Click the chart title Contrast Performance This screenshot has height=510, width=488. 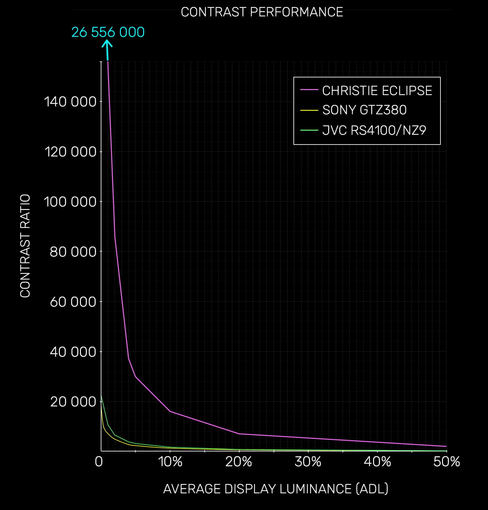click(262, 12)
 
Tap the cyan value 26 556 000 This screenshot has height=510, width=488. click(108, 32)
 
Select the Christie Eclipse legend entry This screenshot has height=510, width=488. click(377, 91)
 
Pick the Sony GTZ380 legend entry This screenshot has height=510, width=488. click(364, 110)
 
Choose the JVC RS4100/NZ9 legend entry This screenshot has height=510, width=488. click(374, 130)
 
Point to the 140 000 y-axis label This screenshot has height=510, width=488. click(70, 102)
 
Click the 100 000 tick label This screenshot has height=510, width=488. click(70, 201)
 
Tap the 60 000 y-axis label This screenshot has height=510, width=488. click(73, 302)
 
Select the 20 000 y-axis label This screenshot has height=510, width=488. click(73, 402)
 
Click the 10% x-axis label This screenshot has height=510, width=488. click(170, 462)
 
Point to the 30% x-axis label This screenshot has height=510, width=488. click(308, 462)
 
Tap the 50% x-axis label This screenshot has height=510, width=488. click(446, 462)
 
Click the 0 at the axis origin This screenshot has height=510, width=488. click(99, 462)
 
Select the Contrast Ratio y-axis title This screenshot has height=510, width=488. click(25, 246)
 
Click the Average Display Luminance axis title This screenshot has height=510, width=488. click(275, 489)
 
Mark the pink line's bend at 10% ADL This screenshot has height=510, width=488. click(170, 411)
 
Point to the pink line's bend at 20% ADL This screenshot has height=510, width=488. click(239, 434)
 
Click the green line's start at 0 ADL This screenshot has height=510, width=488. click(101, 395)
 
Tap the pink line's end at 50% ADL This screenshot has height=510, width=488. click(446, 446)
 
